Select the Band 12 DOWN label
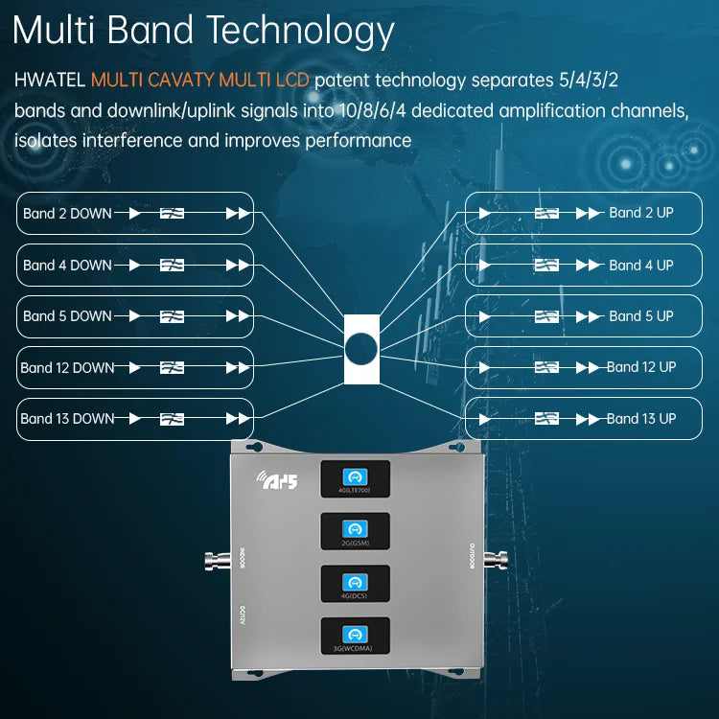[x=67, y=367]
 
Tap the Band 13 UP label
[x=640, y=418]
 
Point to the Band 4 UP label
[x=640, y=265]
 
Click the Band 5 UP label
[x=640, y=315]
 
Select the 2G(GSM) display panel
[x=355, y=531]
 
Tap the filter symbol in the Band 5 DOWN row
[x=173, y=315]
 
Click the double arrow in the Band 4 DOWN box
[x=237, y=265]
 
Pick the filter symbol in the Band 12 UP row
[x=546, y=367]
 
